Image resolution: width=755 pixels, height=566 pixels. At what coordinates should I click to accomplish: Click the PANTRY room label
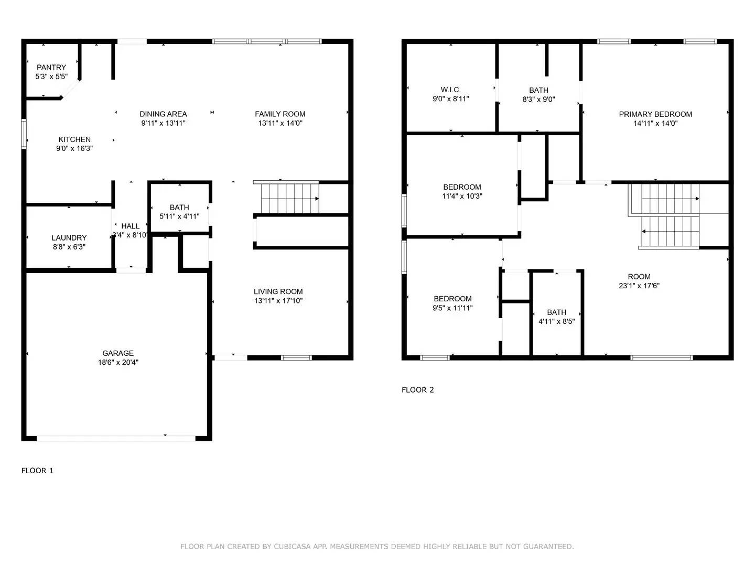[x=51, y=67]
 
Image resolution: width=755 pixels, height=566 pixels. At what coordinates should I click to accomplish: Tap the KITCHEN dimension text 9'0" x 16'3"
[x=74, y=149]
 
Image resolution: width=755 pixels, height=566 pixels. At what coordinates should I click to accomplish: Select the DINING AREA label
[x=163, y=114]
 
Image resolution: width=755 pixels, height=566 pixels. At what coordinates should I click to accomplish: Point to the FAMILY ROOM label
[x=280, y=114]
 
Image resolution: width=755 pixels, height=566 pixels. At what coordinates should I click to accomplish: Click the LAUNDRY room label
[x=69, y=237]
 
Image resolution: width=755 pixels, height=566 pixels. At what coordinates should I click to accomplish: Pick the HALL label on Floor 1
[x=131, y=226]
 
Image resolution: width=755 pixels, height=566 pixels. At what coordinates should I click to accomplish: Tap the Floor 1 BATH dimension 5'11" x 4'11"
[x=179, y=216]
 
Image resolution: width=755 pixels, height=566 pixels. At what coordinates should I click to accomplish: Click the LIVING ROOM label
[x=278, y=291]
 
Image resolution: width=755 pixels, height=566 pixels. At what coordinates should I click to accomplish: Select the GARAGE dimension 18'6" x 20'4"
[x=118, y=363]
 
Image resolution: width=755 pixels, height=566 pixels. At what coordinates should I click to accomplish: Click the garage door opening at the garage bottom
[x=116, y=438]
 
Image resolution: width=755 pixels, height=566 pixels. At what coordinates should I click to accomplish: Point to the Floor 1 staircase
[x=286, y=198]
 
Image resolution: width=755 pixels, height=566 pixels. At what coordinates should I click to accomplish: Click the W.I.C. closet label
[x=450, y=90]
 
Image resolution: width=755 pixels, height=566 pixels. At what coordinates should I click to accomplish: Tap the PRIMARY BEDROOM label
[x=655, y=114]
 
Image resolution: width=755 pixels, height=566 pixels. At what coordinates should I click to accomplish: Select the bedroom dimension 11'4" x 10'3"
[x=462, y=197]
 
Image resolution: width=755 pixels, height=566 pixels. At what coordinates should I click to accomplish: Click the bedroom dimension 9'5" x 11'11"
[x=452, y=308]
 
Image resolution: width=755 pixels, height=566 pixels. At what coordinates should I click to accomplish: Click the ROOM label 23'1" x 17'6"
[x=639, y=276]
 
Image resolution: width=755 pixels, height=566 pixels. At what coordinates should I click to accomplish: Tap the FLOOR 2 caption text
[x=418, y=390]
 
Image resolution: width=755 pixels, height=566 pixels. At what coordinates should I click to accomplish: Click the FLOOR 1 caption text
[x=37, y=471]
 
